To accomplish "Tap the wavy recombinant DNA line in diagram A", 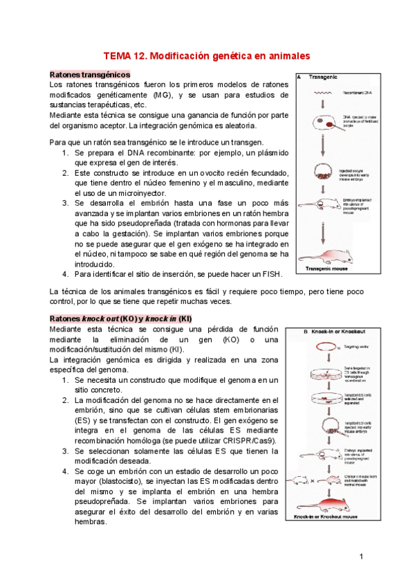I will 322,91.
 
